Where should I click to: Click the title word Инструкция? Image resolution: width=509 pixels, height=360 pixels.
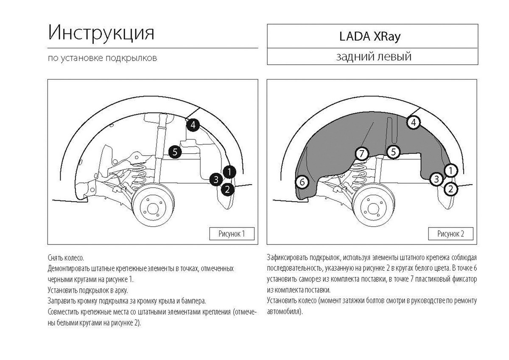[101, 33]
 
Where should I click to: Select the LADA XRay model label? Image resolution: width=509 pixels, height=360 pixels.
[370, 37]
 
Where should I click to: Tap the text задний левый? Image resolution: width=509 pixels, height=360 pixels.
[373, 56]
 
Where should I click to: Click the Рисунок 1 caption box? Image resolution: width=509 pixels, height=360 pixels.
[232, 233]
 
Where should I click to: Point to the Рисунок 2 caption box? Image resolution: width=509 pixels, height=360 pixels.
[451, 233]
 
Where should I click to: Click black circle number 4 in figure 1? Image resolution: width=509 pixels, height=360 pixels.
[193, 125]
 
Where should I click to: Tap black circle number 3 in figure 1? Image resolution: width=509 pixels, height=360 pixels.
[216, 180]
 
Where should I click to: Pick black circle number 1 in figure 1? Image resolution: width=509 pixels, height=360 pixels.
[229, 172]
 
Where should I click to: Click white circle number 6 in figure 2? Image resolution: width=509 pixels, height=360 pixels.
[302, 182]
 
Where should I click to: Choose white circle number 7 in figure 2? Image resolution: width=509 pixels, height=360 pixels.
[361, 154]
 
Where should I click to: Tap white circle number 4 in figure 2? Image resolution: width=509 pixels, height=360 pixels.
[414, 123]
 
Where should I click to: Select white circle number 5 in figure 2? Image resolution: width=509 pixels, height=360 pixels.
[393, 151]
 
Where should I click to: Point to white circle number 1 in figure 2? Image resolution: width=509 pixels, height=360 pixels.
[451, 171]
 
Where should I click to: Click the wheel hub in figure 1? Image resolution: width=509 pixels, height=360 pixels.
[152, 207]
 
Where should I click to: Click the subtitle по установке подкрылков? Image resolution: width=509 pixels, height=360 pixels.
[103, 58]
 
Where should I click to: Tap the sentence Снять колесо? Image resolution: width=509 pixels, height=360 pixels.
[66, 258]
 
